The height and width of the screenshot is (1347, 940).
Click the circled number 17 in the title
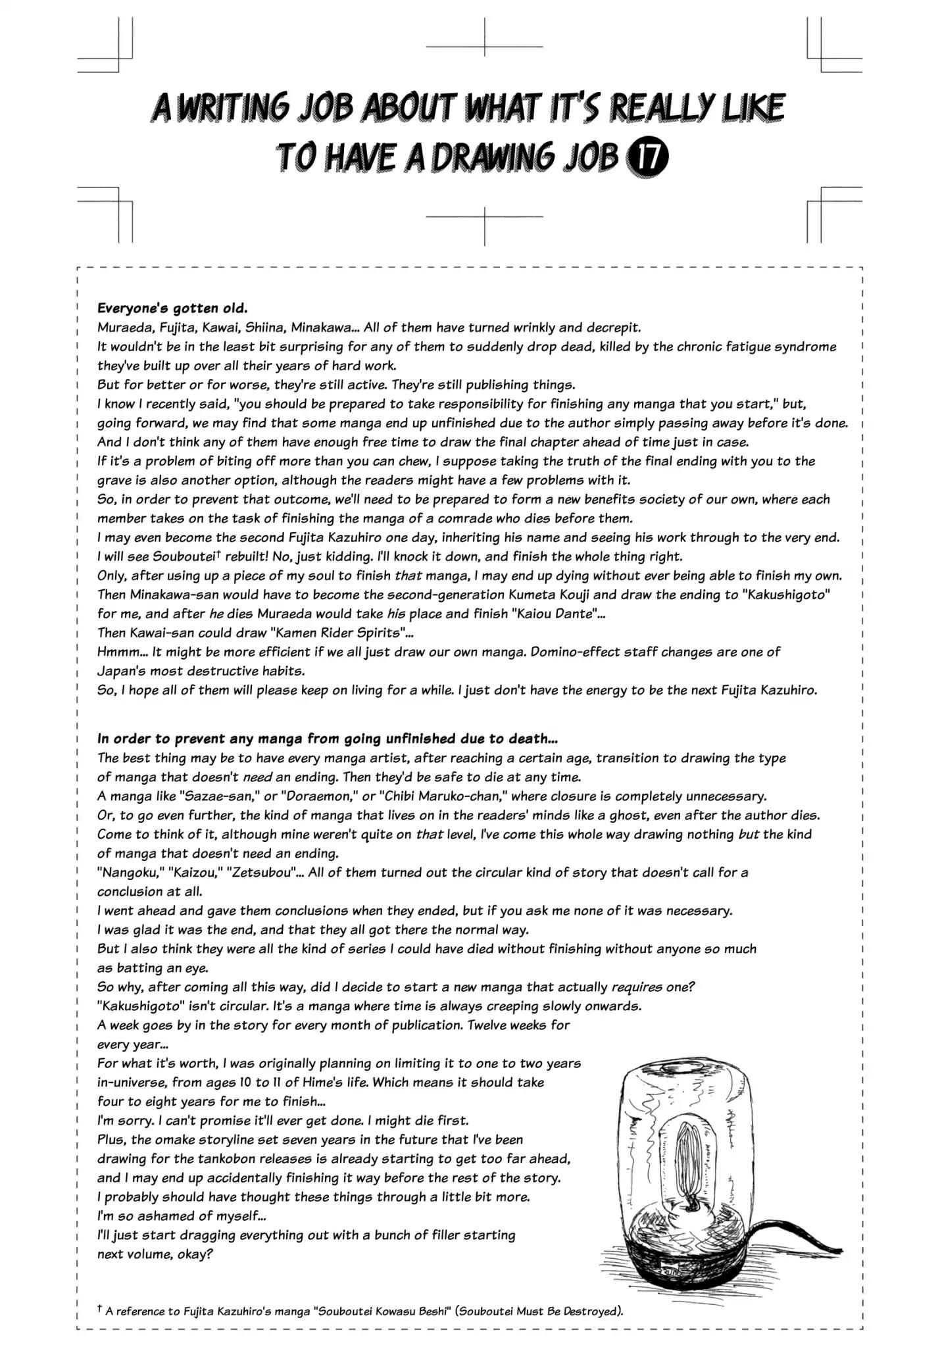(649, 159)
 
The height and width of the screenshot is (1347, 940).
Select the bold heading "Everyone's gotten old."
(172, 308)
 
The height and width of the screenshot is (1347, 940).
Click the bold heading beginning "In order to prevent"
(328, 739)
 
